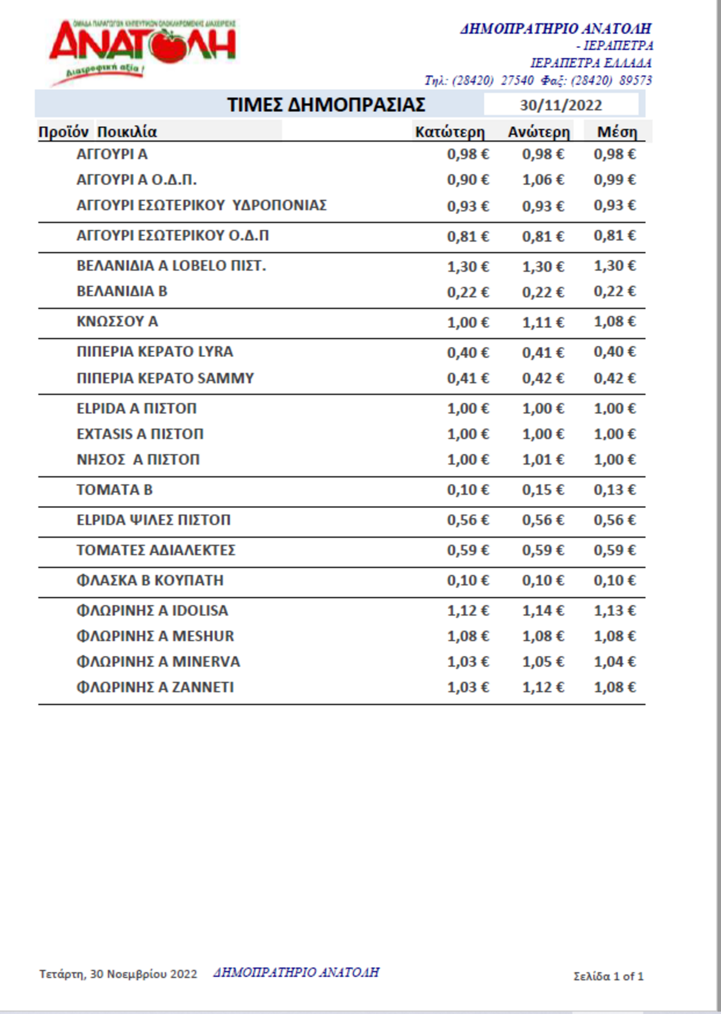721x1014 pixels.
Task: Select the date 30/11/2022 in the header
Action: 561,105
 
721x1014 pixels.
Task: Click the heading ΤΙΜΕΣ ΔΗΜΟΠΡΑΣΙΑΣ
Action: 326,105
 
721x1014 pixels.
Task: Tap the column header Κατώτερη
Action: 449,132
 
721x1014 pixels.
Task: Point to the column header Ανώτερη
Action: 538,132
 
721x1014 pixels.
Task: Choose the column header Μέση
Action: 617,132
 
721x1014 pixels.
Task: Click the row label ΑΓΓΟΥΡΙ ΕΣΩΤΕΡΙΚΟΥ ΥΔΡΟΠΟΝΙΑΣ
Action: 201,206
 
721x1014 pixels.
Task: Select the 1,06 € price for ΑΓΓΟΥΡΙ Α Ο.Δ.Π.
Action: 543,180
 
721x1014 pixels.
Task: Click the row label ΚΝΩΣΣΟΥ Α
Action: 117,322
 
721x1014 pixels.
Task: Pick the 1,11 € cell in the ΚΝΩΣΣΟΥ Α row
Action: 543,322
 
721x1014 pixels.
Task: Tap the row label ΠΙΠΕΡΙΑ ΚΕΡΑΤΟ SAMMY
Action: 165,378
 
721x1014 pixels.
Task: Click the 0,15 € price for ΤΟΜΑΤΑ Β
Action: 543,490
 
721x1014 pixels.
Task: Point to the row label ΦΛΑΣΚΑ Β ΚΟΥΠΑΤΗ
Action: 150,580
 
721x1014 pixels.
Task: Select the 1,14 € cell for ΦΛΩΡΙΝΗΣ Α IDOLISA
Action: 543,611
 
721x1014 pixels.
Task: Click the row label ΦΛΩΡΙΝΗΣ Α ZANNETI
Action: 155,687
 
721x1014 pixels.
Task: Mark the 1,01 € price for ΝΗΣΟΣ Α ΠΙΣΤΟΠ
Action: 543,460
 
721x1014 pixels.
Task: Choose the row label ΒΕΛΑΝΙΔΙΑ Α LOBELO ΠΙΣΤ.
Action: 171,266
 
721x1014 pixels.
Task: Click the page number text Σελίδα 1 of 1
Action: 608,976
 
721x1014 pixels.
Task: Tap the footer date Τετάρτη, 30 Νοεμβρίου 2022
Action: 118,974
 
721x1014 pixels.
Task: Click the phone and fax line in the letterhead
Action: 538,81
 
